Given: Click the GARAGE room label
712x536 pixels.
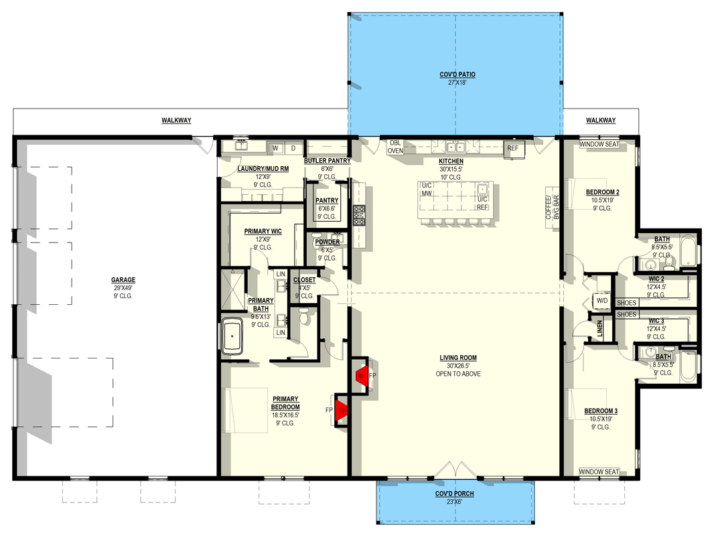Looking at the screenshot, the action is click(x=123, y=280).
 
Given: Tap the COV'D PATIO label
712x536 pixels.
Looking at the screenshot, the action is click(x=457, y=74).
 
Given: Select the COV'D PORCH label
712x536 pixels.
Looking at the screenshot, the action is click(x=455, y=493).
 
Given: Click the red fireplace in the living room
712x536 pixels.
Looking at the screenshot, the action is click(x=362, y=376).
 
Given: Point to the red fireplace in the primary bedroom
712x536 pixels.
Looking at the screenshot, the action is click(x=340, y=410).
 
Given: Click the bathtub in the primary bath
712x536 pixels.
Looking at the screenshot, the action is click(x=232, y=336).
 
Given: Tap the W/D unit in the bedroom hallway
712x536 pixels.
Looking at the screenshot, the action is click(x=602, y=301).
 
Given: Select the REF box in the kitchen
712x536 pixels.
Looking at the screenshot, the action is click(x=512, y=149).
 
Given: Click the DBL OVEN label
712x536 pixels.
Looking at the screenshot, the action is click(x=395, y=147).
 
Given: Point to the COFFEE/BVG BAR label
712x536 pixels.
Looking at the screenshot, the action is click(x=553, y=208).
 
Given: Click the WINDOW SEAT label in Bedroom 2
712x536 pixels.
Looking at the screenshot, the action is click(x=599, y=144).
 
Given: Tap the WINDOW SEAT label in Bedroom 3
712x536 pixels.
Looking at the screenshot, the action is click(x=599, y=472).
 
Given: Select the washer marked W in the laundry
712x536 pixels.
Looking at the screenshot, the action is click(x=275, y=148).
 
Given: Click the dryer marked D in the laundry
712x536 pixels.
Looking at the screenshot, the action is click(x=293, y=148).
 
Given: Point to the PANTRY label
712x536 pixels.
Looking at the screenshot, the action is click(x=327, y=200).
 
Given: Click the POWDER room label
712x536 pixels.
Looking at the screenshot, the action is click(x=328, y=242).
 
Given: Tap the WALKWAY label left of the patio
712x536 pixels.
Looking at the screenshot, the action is click(x=176, y=121).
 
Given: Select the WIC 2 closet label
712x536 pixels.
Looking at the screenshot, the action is click(x=656, y=279).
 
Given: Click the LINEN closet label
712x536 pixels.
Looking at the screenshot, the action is click(x=599, y=328).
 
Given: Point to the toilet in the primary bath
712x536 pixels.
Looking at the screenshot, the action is click(x=304, y=316).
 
